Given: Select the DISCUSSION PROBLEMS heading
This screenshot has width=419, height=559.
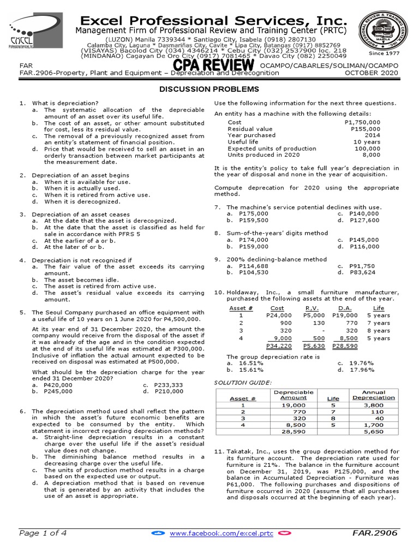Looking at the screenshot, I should click(x=209, y=89).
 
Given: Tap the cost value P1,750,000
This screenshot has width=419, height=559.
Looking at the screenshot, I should click(x=363, y=122).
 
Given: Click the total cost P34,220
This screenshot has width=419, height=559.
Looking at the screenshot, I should click(x=278, y=346).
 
